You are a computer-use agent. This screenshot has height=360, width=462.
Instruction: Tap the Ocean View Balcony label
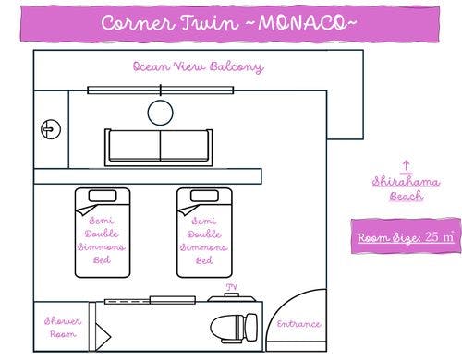(198, 66)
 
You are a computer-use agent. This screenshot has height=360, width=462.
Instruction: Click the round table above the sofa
(161, 113)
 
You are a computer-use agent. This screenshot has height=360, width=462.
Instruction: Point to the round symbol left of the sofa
(50, 131)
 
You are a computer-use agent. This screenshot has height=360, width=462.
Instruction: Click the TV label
(232, 288)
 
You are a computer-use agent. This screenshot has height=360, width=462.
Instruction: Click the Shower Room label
(58, 327)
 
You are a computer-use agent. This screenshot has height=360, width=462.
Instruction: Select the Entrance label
(298, 324)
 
